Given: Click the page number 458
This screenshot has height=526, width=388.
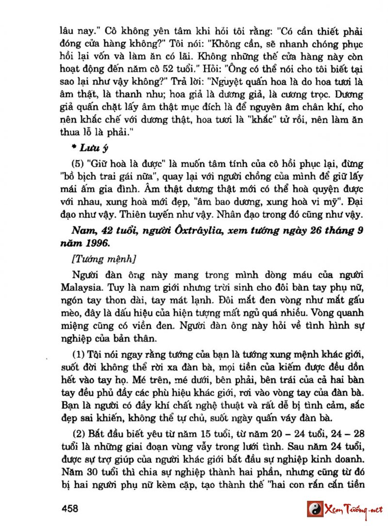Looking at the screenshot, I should coord(70,509).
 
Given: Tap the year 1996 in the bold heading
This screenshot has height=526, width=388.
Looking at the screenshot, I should coord(99,243).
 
